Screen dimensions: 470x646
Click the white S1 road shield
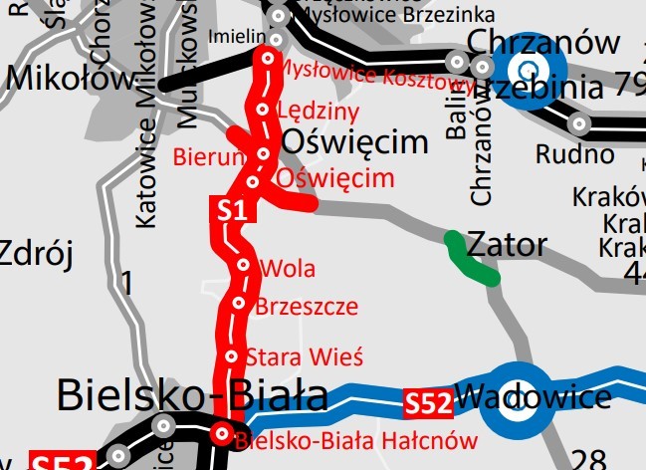tap(232, 210)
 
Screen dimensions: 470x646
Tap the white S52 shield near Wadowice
tap(428, 403)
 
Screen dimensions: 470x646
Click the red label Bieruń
tap(208, 156)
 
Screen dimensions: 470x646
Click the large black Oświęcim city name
tap(354, 144)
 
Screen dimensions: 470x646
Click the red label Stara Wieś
tap(304, 355)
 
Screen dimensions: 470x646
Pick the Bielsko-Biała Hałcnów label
tap(344, 437)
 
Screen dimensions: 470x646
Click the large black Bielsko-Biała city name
tap(192, 395)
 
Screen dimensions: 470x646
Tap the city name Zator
tap(507, 244)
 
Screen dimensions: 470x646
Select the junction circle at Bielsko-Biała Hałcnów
tap(221, 432)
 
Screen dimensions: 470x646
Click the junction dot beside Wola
tap(244, 266)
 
